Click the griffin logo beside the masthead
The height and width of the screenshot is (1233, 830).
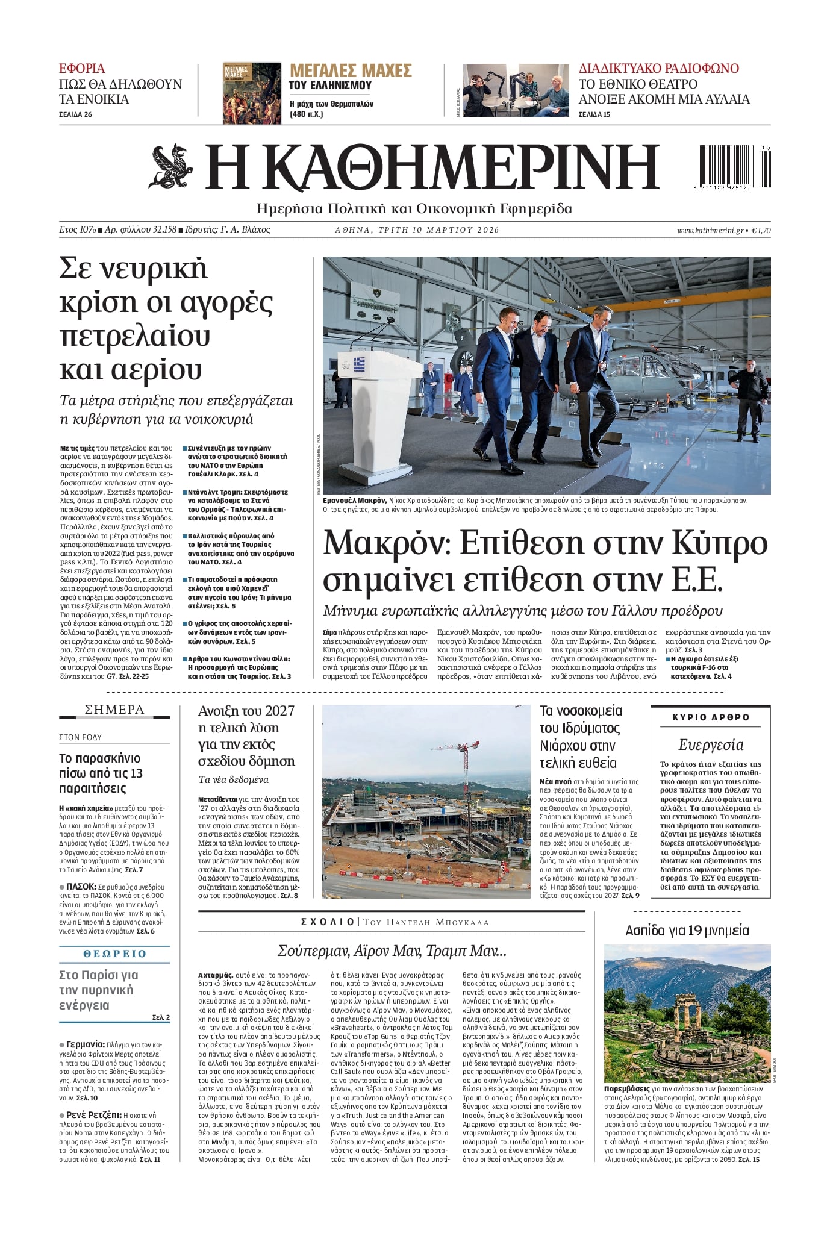[170, 166]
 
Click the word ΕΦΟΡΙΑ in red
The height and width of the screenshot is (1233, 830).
[82, 68]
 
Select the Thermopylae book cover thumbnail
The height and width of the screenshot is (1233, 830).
[252, 93]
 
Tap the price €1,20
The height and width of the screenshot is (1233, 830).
[761, 230]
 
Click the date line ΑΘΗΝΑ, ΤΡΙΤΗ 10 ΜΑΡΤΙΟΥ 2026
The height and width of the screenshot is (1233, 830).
[417, 230]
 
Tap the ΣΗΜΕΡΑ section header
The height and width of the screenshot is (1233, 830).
[114, 710]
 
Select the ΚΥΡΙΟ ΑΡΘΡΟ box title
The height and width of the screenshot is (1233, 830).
[711, 717]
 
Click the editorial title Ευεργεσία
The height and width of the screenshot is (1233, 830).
[711, 745]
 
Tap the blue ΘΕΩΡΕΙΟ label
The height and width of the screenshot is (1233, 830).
[114, 954]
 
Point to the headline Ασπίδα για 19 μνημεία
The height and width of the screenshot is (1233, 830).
[687, 931]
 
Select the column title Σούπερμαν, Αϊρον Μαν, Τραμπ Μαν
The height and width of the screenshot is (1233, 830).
[392, 951]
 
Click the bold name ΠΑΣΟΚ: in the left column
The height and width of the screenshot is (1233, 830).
[81, 887]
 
